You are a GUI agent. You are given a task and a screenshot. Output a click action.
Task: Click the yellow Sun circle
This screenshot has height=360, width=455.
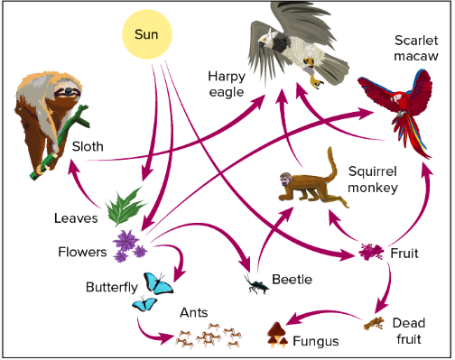[146, 35]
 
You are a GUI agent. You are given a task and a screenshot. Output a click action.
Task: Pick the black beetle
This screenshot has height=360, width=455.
[256, 285]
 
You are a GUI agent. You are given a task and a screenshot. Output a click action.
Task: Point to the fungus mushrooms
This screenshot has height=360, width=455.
[278, 336]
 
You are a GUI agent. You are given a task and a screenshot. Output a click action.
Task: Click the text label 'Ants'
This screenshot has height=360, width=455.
[194, 312]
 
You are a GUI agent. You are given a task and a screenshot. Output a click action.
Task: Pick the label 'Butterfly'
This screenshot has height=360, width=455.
[111, 288]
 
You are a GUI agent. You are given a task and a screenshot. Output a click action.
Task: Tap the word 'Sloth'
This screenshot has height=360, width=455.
[88, 146]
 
